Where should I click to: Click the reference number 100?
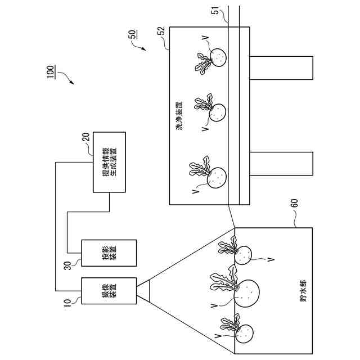[x=51, y=72]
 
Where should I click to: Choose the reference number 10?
[x=67, y=302]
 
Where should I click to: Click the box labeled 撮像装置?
[x=109, y=291]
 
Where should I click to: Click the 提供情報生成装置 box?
[x=109, y=163]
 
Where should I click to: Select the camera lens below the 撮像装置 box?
[x=143, y=291]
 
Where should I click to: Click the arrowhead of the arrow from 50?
[x=143, y=49]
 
